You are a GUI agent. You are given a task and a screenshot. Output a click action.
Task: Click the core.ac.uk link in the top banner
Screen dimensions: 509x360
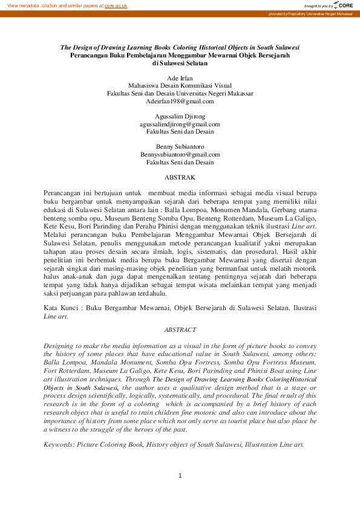coord(116,5)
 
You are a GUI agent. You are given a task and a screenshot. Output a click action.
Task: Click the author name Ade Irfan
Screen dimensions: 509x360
coord(180,78)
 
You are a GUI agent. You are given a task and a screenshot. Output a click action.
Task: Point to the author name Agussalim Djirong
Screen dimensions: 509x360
coord(180,116)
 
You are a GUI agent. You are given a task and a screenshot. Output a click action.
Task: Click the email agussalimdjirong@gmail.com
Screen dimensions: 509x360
coord(180,123)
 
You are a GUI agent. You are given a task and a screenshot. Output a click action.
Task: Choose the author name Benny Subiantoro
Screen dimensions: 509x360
coord(180,146)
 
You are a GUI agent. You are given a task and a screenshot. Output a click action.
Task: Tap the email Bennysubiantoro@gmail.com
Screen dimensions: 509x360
coord(180,154)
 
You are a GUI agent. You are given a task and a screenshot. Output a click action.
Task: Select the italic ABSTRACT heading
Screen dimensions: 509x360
coord(180,329)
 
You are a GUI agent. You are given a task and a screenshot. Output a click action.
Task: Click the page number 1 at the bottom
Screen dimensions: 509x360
coord(180,476)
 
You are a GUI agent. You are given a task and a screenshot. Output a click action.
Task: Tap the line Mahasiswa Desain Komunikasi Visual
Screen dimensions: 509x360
coord(180,86)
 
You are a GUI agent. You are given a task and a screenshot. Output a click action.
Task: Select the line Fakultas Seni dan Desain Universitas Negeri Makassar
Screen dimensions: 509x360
coord(180,93)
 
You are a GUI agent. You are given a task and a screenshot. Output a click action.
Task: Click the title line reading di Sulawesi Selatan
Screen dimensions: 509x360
coord(180,62)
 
